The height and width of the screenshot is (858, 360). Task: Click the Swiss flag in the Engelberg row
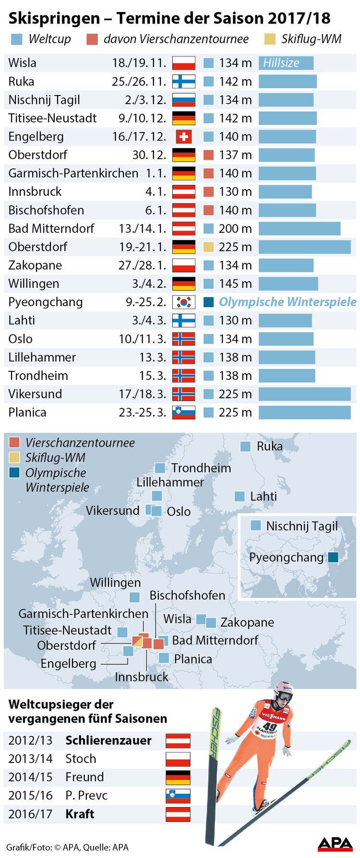pyautogui.click(x=184, y=137)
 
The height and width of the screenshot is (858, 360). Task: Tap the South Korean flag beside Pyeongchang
pyautogui.click(x=184, y=302)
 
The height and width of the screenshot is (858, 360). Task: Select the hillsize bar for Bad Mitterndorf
pyautogui.click(x=300, y=228)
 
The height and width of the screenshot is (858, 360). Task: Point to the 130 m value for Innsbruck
pyautogui.click(x=235, y=192)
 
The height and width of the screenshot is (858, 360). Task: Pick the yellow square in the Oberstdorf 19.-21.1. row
pyautogui.click(x=208, y=247)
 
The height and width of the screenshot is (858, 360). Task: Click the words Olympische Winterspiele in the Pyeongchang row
pyautogui.click(x=288, y=302)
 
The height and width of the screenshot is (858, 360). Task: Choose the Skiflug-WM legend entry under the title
pyautogui.click(x=311, y=39)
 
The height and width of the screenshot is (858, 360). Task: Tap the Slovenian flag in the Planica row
pyautogui.click(x=184, y=412)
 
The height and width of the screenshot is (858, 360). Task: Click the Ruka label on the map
pyautogui.click(x=270, y=446)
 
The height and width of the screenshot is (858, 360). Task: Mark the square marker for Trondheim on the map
pyautogui.click(x=160, y=468)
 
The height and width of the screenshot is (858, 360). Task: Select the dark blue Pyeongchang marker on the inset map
pyautogui.click(x=333, y=557)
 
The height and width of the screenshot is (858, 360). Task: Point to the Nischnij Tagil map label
pyautogui.click(x=302, y=526)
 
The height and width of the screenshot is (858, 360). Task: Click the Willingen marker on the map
pyautogui.click(x=135, y=597)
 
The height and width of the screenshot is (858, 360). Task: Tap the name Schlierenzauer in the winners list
pyautogui.click(x=108, y=740)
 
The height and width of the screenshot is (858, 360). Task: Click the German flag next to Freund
pyautogui.click(x=178, y=777)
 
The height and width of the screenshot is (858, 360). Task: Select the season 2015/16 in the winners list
pyautogui.click(x=30, y=796)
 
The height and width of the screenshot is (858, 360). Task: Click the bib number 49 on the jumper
pyautogui.click(x=270, y=726)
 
